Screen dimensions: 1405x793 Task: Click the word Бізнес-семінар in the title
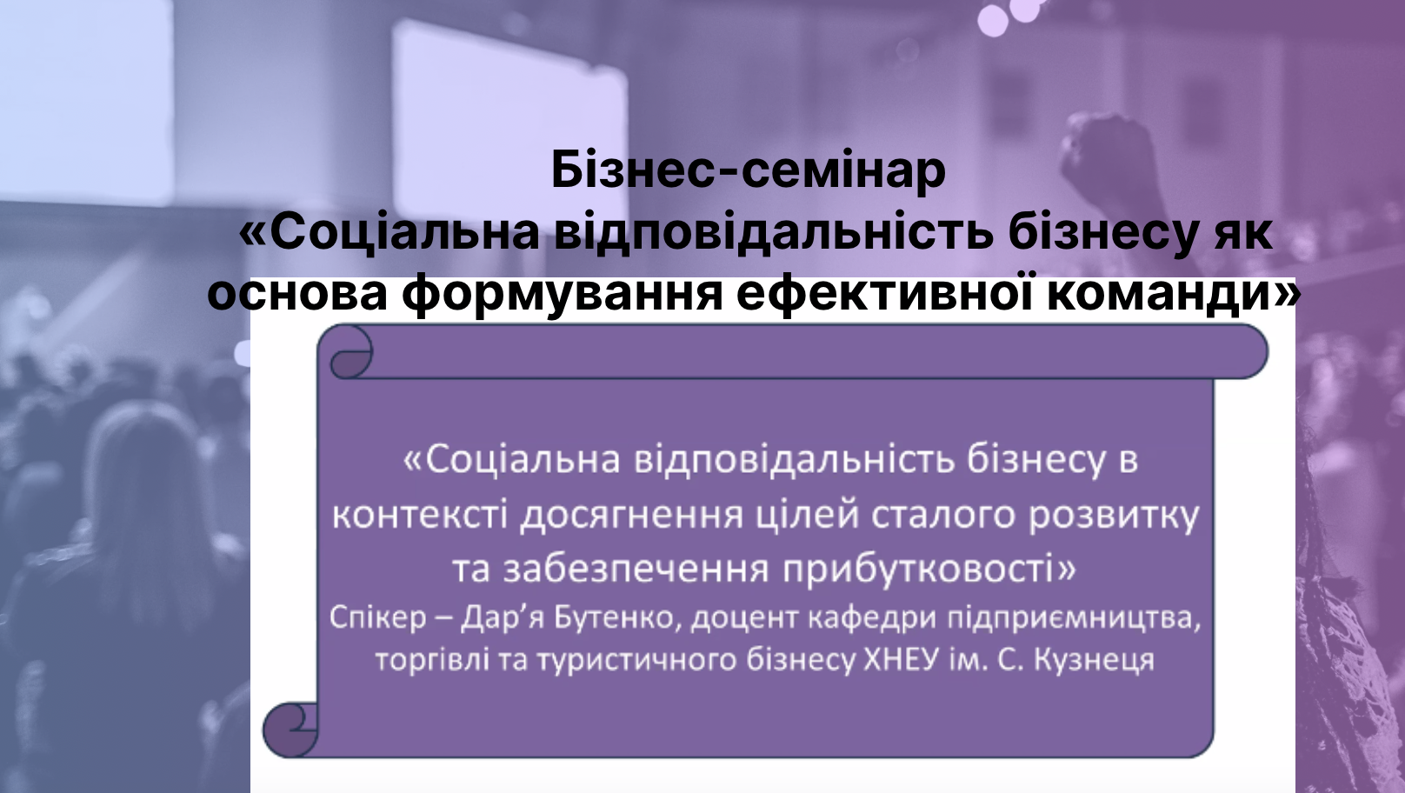pyautogui.click(x=749, y=170)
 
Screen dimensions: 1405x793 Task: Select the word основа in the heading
pyautogui.click(x=297, y=293)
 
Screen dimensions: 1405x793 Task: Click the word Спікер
pyautogui.click(x=377, y=618)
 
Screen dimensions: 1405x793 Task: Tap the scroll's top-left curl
pyautogui.click(x=350, y=351)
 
